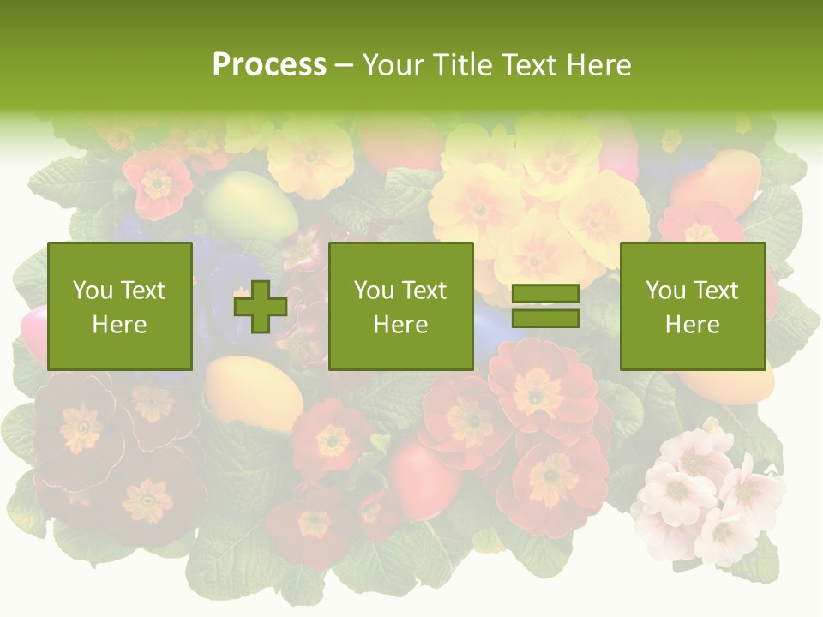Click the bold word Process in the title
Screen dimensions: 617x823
(269, 64)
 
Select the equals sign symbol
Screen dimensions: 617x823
(545, 307)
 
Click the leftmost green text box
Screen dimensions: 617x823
(120, 306)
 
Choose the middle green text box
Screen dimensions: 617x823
(401, 306)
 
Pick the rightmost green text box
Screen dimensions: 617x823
(693, 306)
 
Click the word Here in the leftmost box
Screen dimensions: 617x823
(120, 325)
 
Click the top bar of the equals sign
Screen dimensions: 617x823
(545, 294)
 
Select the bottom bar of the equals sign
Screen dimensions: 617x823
(545, 319)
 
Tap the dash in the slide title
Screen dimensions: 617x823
(344, 64)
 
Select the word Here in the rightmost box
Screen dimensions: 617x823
(693, 325)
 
